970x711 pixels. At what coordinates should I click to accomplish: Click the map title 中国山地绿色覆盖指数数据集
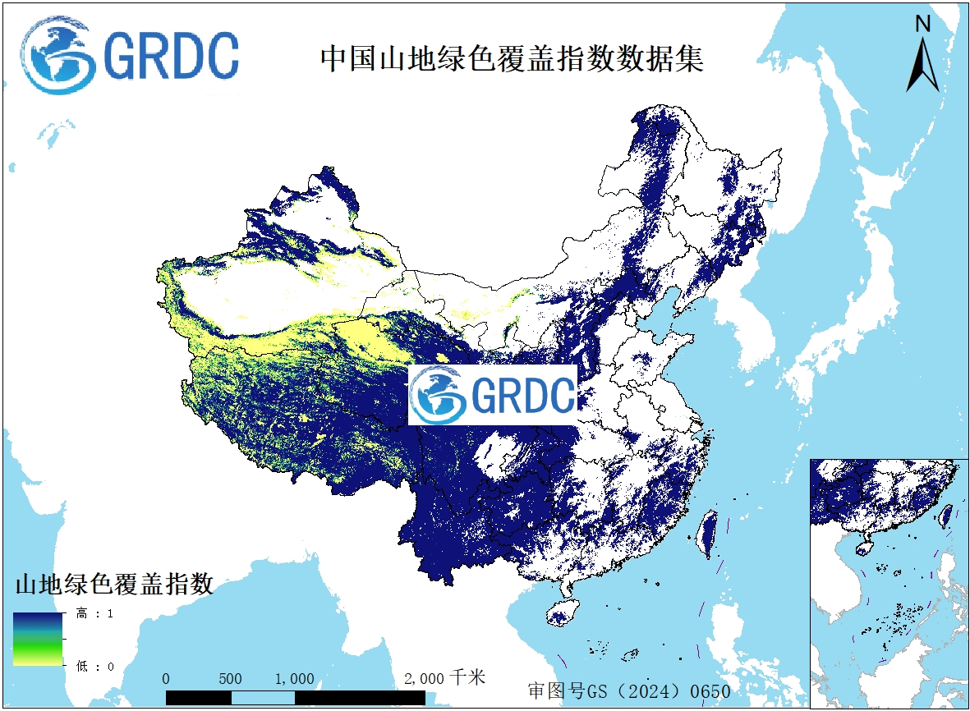(511, 59)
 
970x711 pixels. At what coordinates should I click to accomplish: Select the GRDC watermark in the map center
(493, 396)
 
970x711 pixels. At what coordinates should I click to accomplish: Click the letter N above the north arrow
(923, 25)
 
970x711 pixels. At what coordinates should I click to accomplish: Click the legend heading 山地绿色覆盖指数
(115, 585)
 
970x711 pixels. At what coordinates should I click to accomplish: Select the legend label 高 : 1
(94, 613)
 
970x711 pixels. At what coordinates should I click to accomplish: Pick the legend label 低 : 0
(94, 666)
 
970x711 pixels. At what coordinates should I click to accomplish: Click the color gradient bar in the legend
(38, 639)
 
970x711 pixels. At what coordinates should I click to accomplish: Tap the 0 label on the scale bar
(167, 679)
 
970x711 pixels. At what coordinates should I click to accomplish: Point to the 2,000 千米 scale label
(446, 678)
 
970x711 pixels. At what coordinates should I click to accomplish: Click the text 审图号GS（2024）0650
(628, 690)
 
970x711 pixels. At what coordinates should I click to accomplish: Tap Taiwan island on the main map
(707, 534)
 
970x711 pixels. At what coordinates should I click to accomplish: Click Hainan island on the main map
(562, 613)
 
